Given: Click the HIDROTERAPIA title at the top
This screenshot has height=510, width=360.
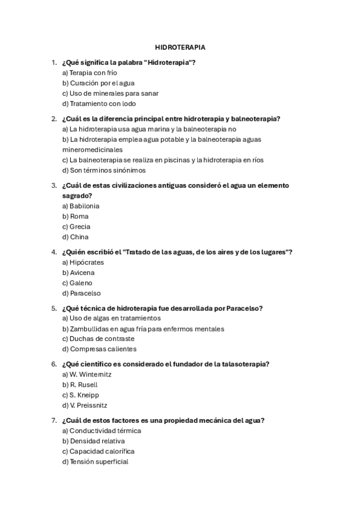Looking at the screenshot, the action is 180,46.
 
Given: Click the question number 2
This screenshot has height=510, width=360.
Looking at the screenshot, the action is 54,118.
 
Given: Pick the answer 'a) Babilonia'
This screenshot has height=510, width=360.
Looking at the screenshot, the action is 81,206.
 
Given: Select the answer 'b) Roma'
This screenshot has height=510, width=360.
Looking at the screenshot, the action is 75,216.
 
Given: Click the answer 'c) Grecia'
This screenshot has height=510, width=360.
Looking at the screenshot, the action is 76,227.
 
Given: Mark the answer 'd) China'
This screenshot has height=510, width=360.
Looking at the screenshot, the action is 75,237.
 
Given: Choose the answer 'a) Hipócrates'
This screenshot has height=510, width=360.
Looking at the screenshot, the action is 83,262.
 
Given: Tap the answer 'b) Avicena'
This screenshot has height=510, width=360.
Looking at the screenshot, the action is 78,272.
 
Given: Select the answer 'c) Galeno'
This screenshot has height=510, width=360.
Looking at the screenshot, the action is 77,283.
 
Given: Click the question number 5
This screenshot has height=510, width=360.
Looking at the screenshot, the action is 54,308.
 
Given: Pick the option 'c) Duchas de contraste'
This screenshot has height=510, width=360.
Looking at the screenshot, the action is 98,339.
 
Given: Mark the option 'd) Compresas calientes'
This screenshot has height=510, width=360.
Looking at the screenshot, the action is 99,349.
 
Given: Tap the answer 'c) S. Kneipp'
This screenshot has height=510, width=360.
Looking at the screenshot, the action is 81,395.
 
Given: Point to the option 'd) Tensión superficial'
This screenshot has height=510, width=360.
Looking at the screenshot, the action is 95,461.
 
